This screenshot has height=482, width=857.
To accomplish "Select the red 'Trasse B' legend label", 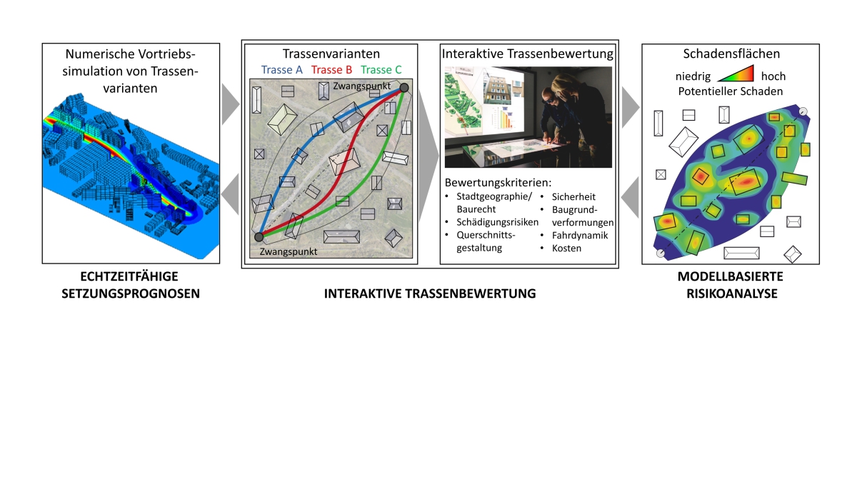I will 331,70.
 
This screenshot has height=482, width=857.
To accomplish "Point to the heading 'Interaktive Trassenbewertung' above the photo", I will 528,54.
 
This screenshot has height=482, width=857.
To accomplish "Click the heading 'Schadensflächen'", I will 730,54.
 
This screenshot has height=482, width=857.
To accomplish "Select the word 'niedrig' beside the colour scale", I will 693,76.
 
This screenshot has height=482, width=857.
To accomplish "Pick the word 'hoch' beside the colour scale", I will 773,76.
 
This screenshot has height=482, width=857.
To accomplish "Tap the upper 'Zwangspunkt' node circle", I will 404,88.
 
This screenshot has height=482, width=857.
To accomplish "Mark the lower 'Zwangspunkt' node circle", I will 259,236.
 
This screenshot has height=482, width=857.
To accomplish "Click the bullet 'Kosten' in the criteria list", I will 566,248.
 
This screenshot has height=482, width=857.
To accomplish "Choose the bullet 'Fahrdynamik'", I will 578,235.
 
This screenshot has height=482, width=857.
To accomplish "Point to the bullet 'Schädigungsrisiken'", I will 491,222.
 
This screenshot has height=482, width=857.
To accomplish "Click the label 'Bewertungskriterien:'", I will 497,182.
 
